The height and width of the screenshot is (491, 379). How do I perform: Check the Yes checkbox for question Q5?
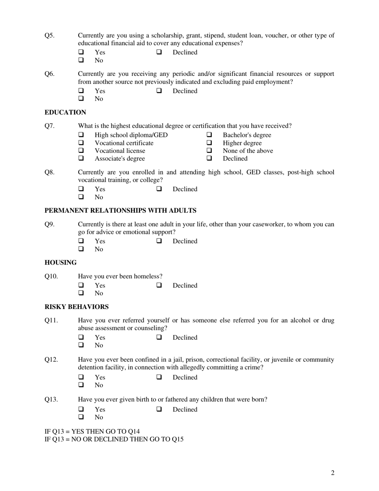point(81,52)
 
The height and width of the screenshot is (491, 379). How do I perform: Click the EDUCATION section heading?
point(65,112)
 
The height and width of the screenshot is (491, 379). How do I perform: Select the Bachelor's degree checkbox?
point(209,135)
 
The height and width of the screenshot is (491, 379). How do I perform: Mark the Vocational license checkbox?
point(81,151)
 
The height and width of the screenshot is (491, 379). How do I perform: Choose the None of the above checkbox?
point(209,151)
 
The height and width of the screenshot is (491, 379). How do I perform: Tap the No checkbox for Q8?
point(81,197)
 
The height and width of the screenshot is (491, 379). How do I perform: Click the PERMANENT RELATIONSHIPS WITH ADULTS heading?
point(120,210)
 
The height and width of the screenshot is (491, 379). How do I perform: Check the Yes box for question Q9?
point(81,241)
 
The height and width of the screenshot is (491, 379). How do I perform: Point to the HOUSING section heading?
point(60,263)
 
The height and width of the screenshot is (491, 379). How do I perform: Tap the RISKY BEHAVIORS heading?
point(76,307)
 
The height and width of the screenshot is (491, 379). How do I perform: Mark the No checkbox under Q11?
point(81,345)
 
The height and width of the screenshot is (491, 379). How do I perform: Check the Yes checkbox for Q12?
point(81,377)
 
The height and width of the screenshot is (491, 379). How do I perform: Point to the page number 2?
point(332,473)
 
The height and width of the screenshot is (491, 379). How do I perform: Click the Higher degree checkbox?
point(209,143)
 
